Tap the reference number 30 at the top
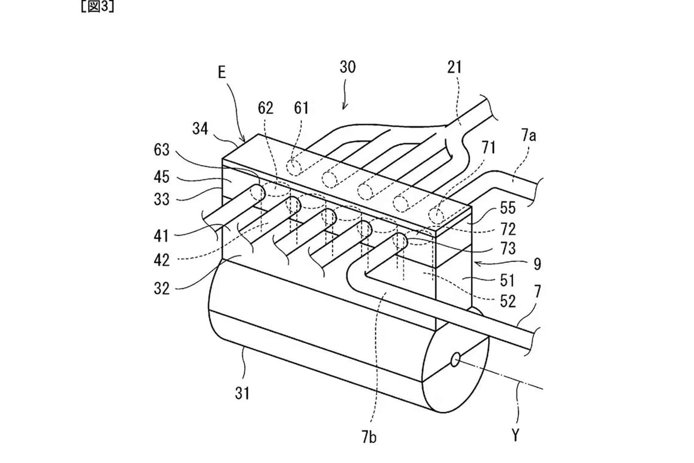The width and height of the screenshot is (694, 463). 347,67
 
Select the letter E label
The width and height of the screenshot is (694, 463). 222,73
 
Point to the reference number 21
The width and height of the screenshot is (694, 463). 454,67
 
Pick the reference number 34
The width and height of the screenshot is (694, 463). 200,129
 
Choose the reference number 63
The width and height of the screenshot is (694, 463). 161,150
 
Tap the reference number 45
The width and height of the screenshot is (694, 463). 161,177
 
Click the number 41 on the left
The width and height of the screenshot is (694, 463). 161,236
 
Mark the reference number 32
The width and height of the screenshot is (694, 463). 161,289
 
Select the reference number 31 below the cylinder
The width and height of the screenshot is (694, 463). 242,394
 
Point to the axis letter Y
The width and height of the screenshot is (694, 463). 515,436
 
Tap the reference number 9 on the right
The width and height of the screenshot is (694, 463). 537,264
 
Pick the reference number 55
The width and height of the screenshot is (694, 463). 508,208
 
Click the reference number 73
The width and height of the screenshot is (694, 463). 508,249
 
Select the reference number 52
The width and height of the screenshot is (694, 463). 507,301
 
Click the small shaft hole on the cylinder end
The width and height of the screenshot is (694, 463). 455,359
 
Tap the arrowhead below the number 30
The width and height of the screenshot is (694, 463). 344,107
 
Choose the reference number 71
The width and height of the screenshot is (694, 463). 488,148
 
